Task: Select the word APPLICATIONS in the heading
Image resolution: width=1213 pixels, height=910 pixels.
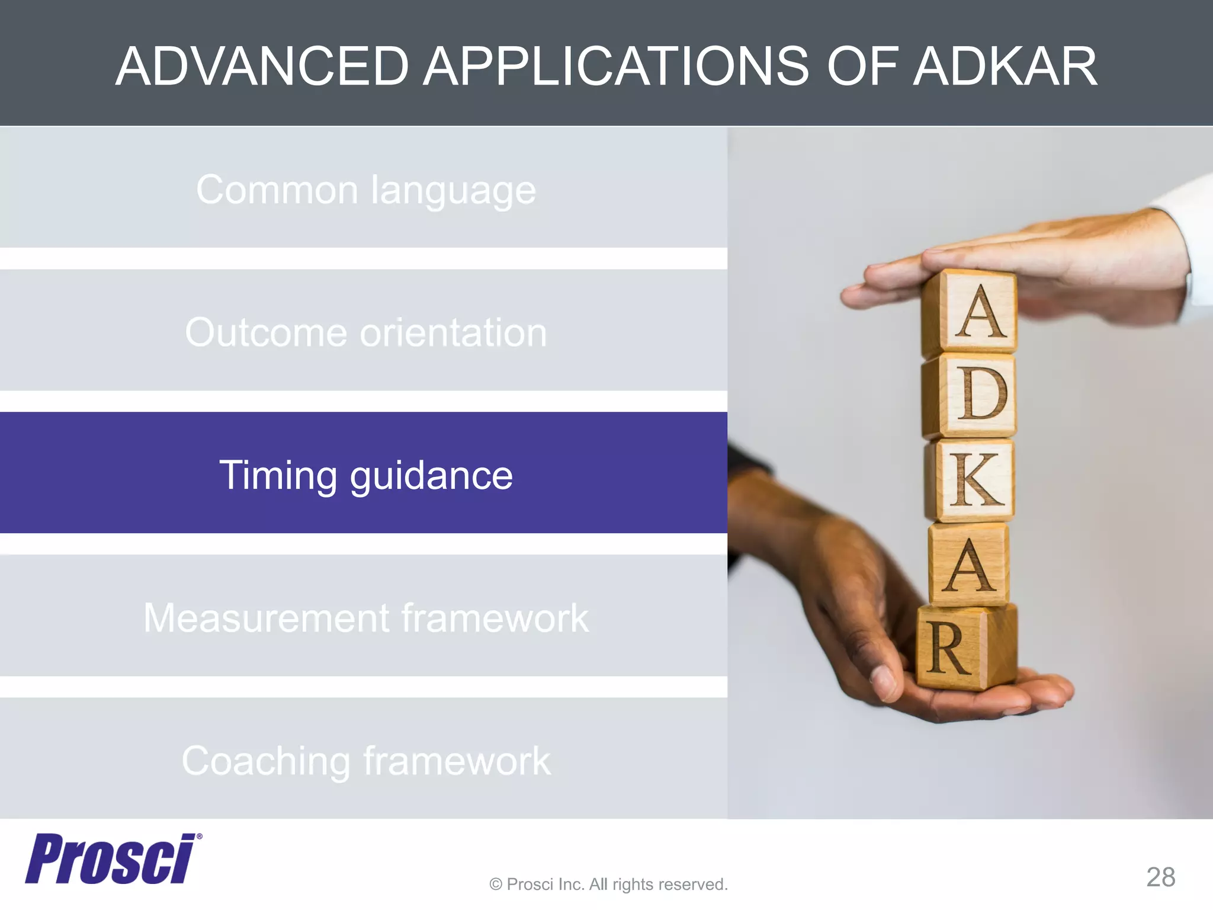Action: point(615,66)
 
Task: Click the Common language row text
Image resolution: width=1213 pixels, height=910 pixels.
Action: point(366,190)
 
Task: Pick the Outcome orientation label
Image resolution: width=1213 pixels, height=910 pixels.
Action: point(366,332)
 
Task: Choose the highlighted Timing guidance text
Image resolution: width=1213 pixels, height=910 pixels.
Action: point(366,475)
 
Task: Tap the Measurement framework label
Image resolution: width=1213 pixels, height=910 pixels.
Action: point(366,618)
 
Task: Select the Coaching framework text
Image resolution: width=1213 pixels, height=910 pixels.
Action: point(366,761)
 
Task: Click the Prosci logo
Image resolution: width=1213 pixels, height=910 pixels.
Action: point(110,859)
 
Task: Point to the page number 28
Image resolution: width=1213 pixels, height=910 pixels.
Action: point(1160,877)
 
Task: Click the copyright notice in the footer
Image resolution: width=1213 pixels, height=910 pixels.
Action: point(608,885)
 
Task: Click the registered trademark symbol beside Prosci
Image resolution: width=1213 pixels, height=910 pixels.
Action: point(199,837)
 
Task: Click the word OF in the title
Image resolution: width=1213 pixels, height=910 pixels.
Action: point(859,66)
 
